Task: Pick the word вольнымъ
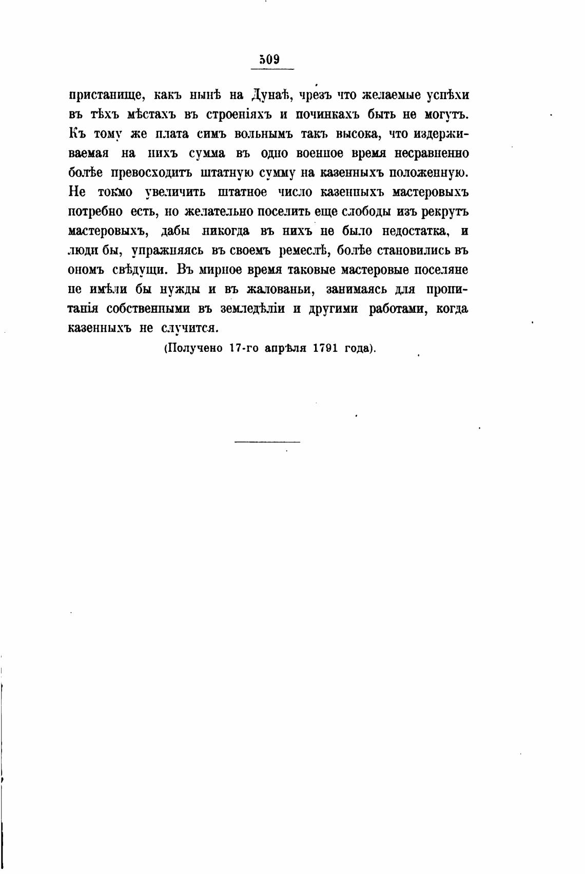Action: (263, 134)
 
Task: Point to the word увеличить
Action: (175, 193)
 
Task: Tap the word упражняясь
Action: (164, 251)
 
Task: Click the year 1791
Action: (324, 348)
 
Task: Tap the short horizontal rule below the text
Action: (267, 441)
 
